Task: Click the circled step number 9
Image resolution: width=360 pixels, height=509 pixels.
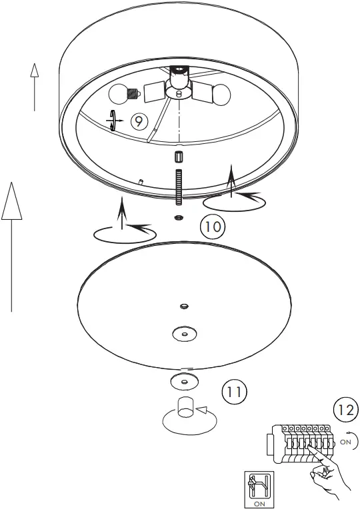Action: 139,121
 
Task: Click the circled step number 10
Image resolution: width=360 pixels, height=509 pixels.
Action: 212,227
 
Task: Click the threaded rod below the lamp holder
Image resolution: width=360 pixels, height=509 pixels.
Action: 178,188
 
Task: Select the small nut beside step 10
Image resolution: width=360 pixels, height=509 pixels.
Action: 179,218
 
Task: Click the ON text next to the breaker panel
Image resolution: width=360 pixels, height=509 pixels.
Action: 345,441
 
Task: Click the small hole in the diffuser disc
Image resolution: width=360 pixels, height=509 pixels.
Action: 183,306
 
